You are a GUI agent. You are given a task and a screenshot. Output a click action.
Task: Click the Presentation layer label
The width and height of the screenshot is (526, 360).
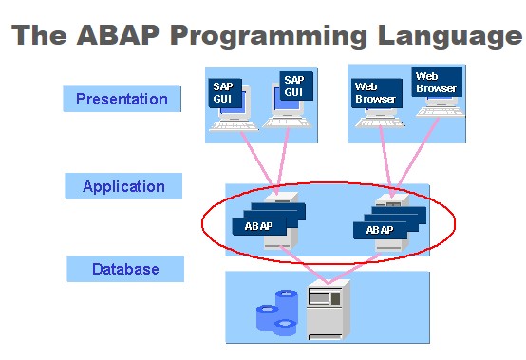(x=122, y=99)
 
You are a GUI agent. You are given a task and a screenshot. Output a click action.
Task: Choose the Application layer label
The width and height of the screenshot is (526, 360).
(x=123, y=186)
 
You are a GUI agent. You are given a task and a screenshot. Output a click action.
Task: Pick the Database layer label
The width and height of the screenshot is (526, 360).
(x=125, y=269)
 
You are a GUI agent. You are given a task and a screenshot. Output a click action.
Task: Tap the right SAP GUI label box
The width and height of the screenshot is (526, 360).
(x=294, y=85)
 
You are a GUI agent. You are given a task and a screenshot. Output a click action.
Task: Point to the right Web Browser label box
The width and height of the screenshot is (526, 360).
(x=436, y=83)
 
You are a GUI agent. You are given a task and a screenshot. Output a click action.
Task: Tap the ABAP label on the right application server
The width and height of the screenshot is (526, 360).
(x=380, y=230)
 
